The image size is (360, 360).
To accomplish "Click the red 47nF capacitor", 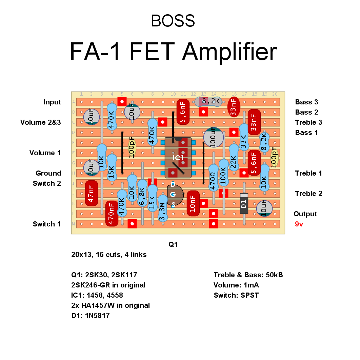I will tap(91, 193).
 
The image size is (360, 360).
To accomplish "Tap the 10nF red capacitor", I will tap(193, 203).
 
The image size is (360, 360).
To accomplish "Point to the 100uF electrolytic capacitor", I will tap(214, 138).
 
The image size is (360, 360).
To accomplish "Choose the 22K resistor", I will tap(234, 158).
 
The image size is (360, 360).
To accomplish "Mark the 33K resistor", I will tap(244, 137).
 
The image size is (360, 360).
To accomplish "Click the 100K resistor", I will tap(223, 173).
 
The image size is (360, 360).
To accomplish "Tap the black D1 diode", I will tap(244, 203).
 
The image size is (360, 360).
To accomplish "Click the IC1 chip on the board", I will tap(178, 158).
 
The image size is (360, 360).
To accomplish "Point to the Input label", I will tap(52, 102).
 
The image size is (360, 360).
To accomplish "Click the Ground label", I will tap(48, 173).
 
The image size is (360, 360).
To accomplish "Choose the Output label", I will tap(305, 214).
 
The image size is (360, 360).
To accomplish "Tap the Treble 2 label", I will tap(308, 194).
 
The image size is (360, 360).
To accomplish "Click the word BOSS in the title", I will tap(173, 21).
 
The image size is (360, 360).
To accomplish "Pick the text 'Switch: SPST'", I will tap(236, 295).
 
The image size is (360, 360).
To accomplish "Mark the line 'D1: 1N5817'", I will tap(91, 316).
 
